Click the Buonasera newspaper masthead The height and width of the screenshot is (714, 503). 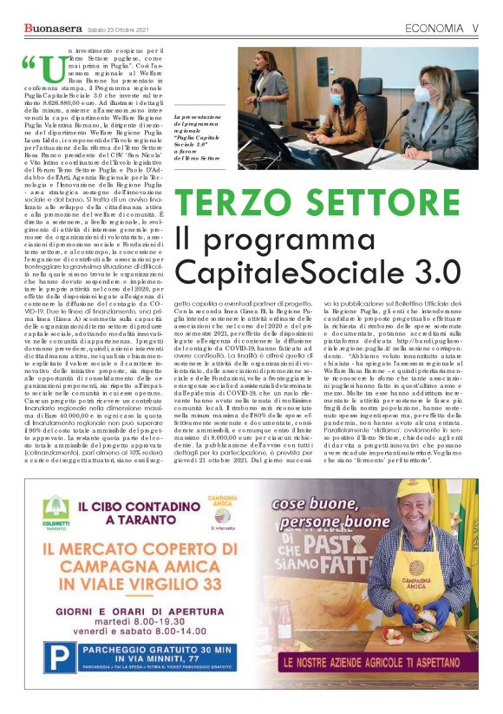(x=51, y=29)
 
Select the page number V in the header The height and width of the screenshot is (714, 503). (x=475, y=29)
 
